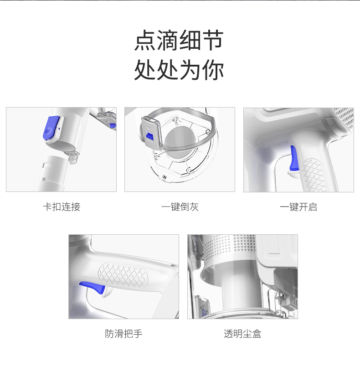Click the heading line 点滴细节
pyautogui.click(x=179, y=40)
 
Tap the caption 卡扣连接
pyautogui.click(x=62, y=207)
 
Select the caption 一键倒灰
pyautogui.click(x=180, y=207)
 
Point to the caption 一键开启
pyautogui.click(x=298, y=207)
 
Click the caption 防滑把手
pyautogui.click(x=123, y=334)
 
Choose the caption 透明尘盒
pyautogui.click(x=242, y=334)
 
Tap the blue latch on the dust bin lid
pyautogui.click(x=149, y=136)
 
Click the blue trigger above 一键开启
pyautogui.click(x=294, y=159)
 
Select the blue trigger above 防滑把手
pyautogui.click(x=93, y=287)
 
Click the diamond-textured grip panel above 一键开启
pyautogui.click(x=314, y=174)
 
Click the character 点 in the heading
pyautogui.click(x=145, y=40)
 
